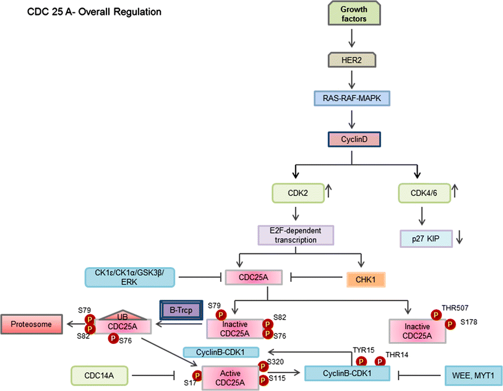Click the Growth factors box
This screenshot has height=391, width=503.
click(351, 14)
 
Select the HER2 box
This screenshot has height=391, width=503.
click(351, 60)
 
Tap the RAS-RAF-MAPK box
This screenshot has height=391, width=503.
click(351, 99)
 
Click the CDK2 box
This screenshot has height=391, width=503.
click(297, 193)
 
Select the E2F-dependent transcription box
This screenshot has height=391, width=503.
click(295, 235)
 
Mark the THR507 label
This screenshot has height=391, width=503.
click(455, 307)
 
